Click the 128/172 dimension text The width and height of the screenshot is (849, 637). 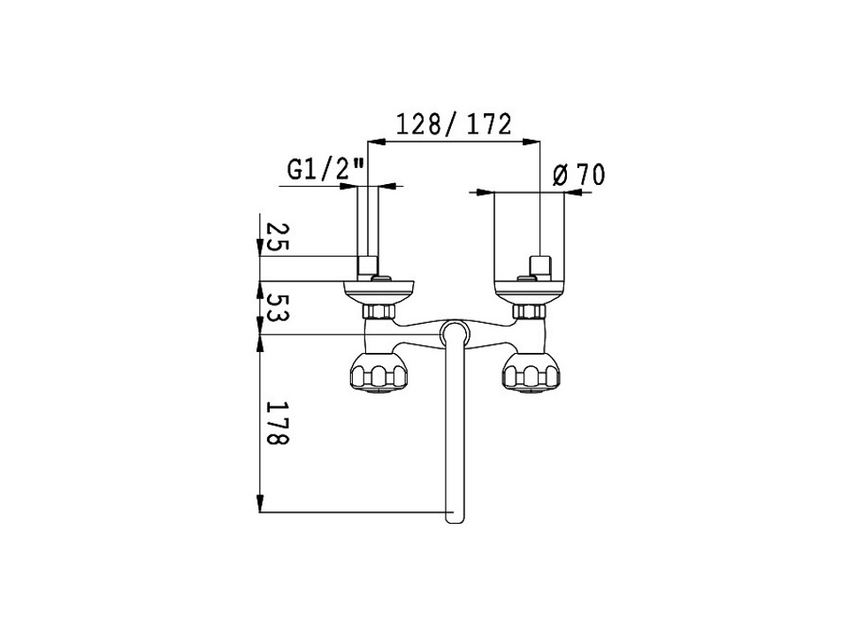coord(454,125)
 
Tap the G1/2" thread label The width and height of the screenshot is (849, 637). coord(326,170)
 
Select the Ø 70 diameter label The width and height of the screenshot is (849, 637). coord(578,175)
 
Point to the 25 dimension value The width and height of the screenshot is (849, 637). coord(278,237)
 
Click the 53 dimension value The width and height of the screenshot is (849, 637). coord(278,308)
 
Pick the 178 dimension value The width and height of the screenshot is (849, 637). coord(278,423)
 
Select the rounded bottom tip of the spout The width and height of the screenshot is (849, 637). coord(455,517)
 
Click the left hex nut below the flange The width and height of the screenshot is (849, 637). coord(379,311)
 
